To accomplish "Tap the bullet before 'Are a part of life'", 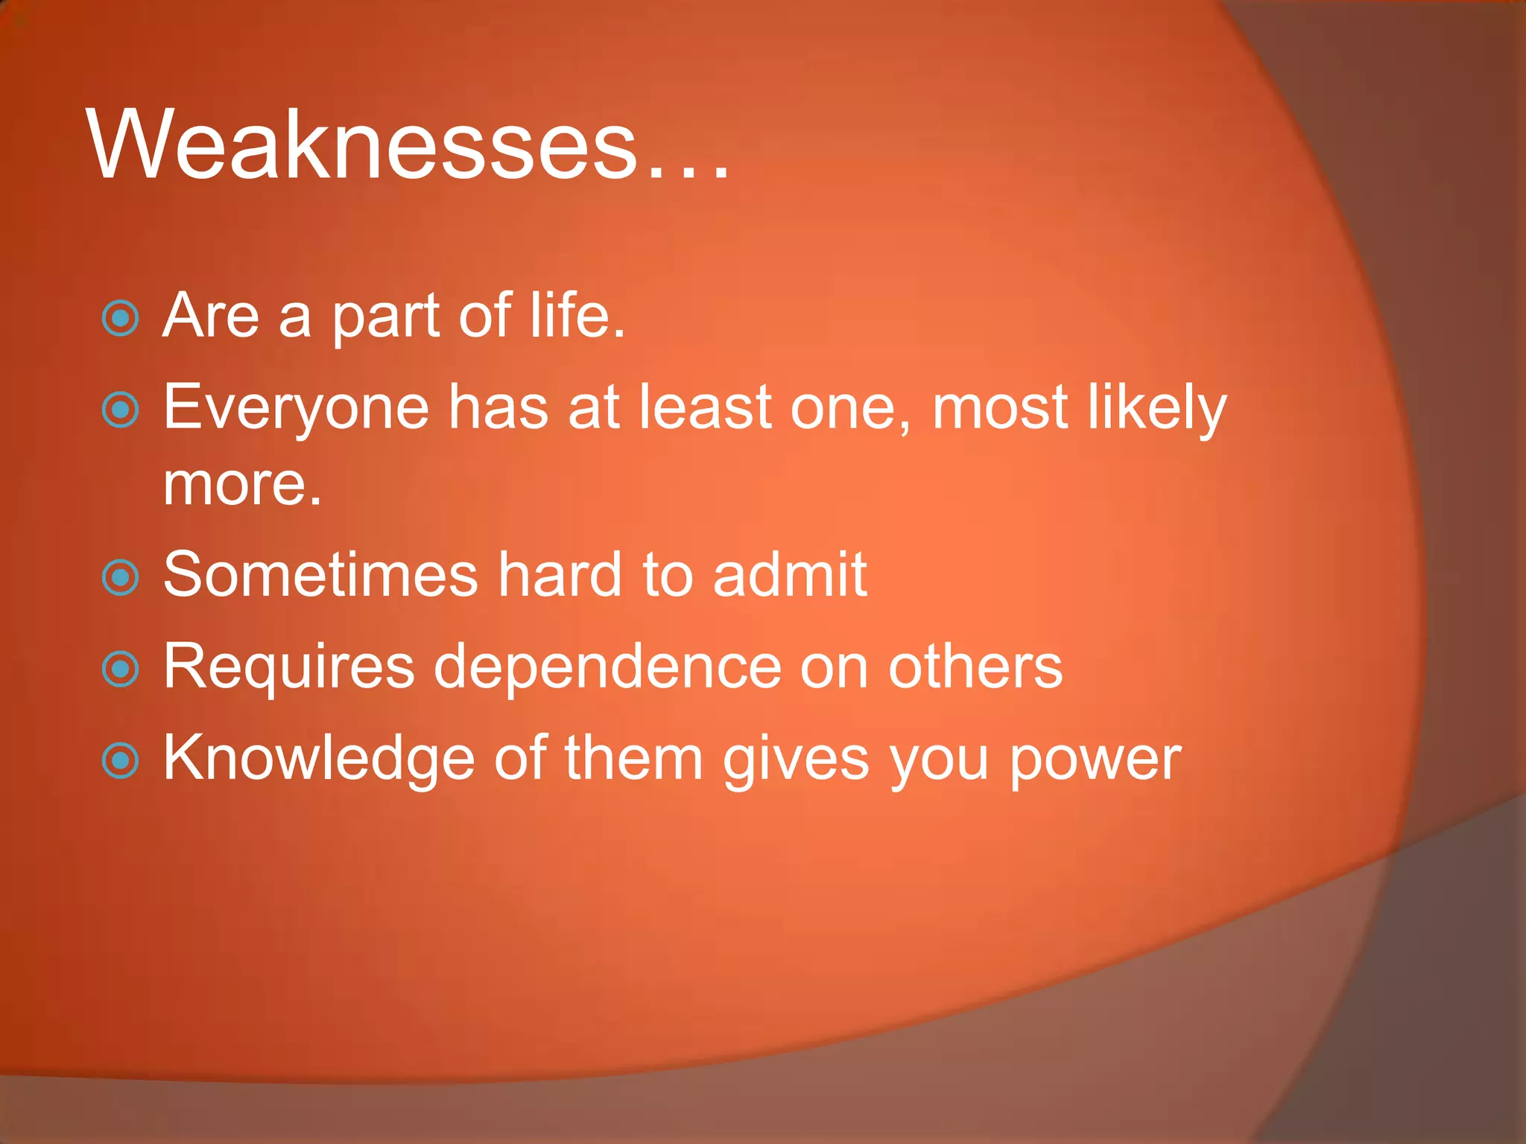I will [x=120, y=319].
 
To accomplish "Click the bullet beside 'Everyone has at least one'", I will [x=120, y=410].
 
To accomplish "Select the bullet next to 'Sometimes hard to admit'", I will [x=120, y=578].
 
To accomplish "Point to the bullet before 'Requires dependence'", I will [x=120, y=669].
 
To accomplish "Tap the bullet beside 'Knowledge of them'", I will [x=120, y=761].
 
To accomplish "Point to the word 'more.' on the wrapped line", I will [x=242, y=486].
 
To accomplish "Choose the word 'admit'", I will [x=790, y=575].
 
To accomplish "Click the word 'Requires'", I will [x=288, y=667].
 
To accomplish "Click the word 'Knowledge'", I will [x=319, y=758].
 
